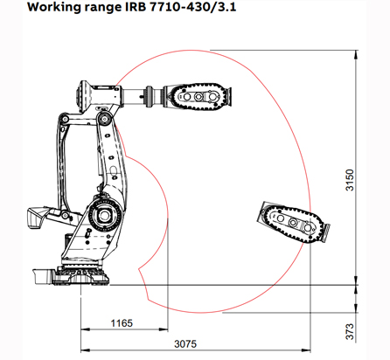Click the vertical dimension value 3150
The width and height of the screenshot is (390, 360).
[350, 180]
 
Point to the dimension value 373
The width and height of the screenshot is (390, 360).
[350, 331]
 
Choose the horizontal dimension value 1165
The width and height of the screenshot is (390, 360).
[122, 323]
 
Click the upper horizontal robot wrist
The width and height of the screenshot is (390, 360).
[197, 97]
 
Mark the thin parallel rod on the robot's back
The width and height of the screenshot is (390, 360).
[63, 166]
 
